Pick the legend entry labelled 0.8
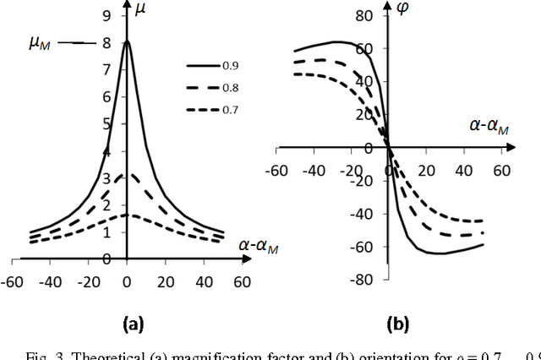[230, 87]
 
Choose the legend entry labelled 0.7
[230, 111]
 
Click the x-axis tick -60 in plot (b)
[274, 170]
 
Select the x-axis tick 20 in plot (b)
[426, 170]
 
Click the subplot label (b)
[397, 322]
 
